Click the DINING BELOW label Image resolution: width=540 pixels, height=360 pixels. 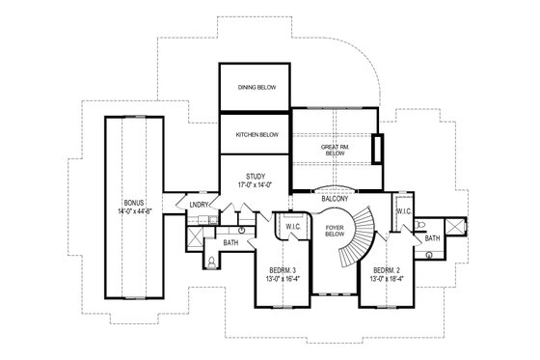[x=256, y=87]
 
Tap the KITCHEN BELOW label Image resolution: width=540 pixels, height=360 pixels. [x=256, y=134]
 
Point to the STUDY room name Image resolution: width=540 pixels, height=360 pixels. [x=256, y=176]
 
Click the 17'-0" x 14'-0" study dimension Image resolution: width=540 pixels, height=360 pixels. [x=256, y=185]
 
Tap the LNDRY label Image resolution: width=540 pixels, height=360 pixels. [x=200, y=205]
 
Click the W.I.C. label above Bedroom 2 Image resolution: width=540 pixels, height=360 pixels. [x=404, y=209]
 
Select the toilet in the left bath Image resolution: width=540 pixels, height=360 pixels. [x=211, y=260]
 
